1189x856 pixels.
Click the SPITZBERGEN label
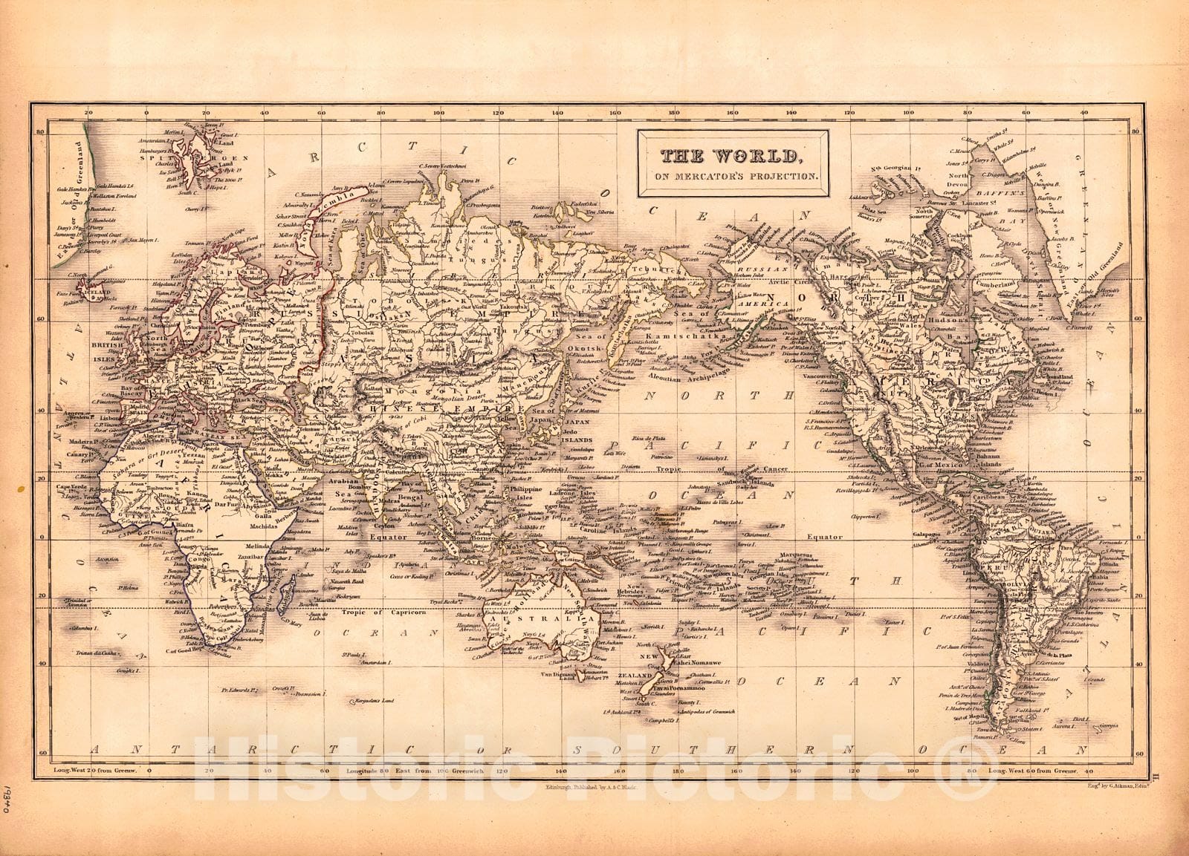[x=195, y=159]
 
